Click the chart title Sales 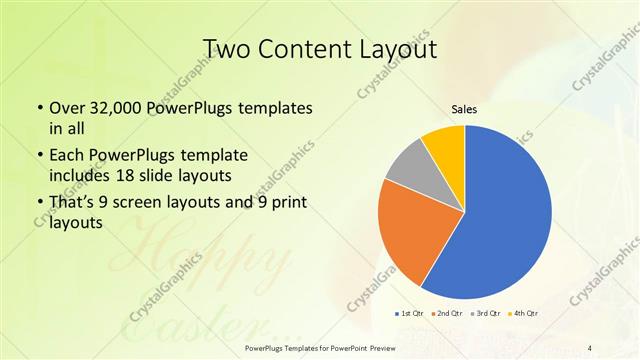pyautogui.click(x=464, y=109)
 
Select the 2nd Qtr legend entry pyautogui.click(x=446, y=314)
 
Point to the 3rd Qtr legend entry pyautogui.click(x=485, y=314)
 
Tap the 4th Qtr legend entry pyautogui.click(x=523, y=314)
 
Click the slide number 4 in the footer pyautogui.click(x=590, y=347)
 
